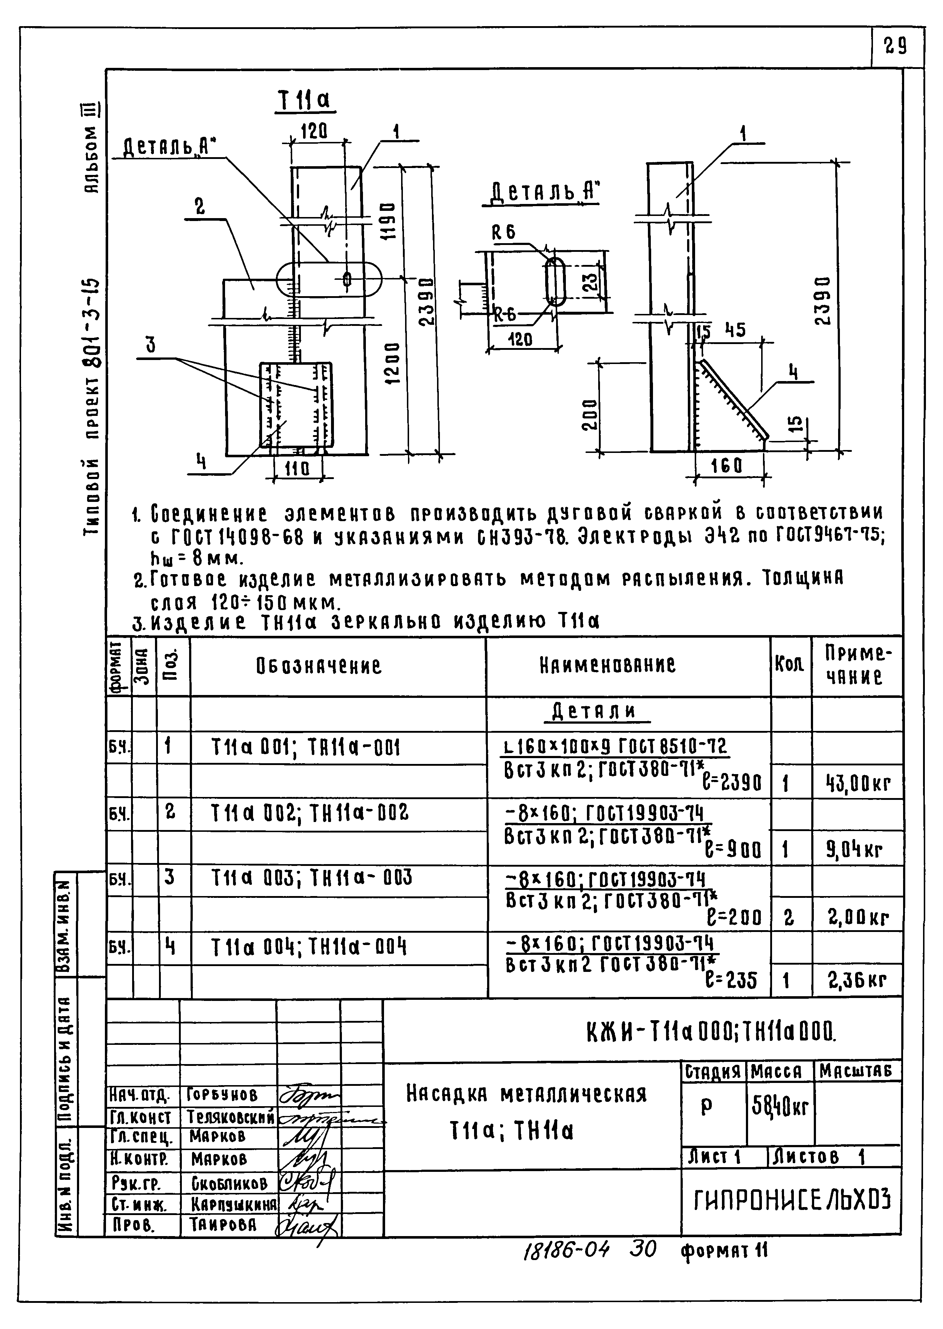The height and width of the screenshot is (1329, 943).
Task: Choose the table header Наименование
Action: [607, 665]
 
